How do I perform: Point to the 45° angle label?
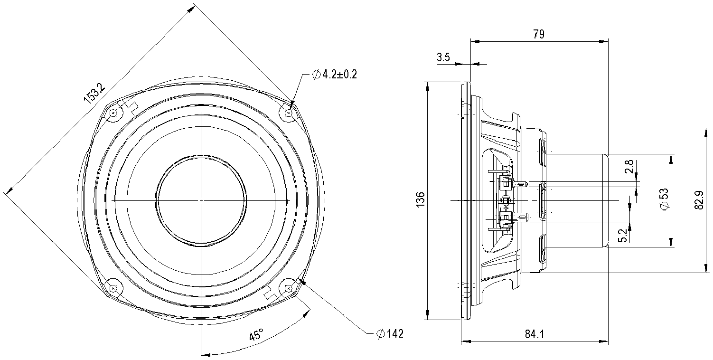coord(256,336)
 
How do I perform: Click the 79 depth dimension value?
coord(538,34)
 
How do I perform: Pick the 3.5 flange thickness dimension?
coord(443,57)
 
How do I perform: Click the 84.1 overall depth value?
coord(535,334)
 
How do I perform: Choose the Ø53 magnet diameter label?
coord(664,199)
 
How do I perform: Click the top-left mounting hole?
coord(113,113)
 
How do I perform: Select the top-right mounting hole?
coord(289,113)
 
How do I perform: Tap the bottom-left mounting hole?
coord(113,288)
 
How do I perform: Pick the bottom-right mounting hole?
coord(289,288)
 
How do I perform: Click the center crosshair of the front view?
coord(201,200)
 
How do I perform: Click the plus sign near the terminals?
coord(506,208)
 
